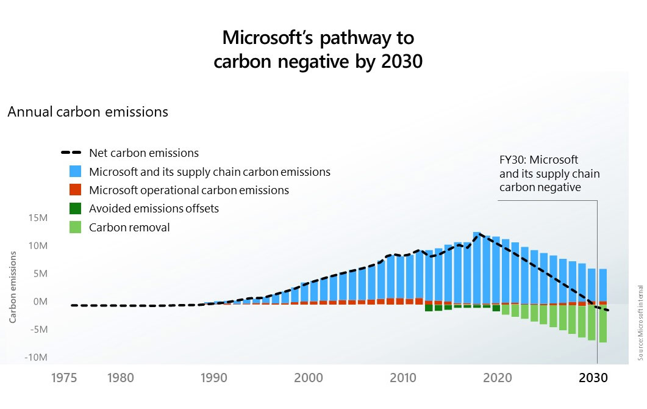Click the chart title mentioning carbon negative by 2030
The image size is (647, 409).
318,50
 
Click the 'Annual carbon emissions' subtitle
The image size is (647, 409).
88,112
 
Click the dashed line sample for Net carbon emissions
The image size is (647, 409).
71,153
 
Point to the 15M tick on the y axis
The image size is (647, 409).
35,219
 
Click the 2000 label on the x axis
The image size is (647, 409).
308,378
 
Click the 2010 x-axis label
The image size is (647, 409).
402,378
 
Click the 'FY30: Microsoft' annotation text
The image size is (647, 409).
538,161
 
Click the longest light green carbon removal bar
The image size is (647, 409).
602,324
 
